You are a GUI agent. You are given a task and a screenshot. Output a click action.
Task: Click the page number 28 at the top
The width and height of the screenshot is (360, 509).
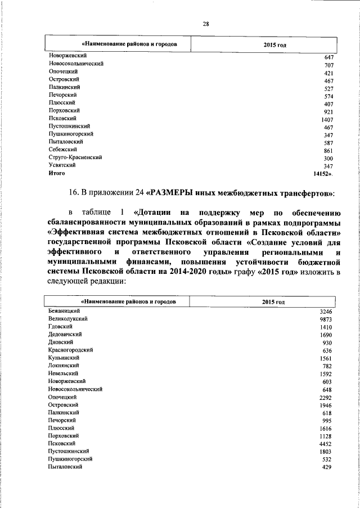coord(206,23)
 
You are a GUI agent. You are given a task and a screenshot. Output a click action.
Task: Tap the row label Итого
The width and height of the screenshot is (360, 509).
coord(57,174)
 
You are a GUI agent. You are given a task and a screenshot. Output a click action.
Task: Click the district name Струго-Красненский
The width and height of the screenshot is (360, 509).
coord(75,158)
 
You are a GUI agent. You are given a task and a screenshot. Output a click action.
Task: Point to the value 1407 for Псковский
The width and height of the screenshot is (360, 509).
coord(327,120)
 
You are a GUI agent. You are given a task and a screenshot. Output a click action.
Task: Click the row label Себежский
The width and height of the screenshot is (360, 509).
coord(62,150)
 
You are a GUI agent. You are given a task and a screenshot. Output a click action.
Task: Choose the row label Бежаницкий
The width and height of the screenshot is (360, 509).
coord(65,311)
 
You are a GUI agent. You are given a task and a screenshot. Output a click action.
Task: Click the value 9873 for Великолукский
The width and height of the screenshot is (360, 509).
coord(326,319)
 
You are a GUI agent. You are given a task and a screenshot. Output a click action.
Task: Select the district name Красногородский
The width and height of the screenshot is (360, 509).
coord(70,350)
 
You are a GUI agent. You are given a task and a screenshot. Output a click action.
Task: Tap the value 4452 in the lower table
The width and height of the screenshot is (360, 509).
coord(326,444)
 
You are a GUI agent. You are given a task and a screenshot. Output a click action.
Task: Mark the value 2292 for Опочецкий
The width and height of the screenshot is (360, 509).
coord(326,397)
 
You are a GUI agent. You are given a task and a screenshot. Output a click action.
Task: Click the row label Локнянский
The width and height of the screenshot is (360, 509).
coord(63,366)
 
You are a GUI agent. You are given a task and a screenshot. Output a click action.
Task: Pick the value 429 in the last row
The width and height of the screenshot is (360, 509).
coord(328,468)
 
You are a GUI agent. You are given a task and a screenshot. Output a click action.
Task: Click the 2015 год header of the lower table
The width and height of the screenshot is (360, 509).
coord(273,303)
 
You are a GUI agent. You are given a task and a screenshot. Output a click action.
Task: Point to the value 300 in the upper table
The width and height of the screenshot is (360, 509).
coord(329,159)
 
